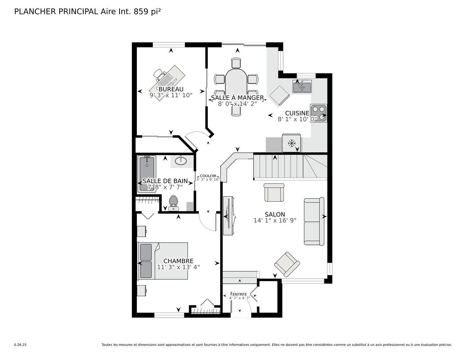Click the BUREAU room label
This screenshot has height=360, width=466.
[x=171, y=89]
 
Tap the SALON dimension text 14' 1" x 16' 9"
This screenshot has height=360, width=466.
[x=275, y=220]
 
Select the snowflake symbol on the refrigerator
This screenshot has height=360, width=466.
[x=291, y=143]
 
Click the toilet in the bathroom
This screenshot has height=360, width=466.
[x=173, y=203]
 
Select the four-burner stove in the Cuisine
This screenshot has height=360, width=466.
[x=318, y=113]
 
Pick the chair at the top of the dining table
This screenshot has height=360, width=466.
[x=236, y=63]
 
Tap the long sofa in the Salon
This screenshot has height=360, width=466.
[x=314, y=221]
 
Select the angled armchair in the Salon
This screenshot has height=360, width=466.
[x=287, y=264]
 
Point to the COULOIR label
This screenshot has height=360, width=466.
[x=208, y=176]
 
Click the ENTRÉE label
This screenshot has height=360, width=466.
[x=240, y=294]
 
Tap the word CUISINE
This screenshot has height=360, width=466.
[x=297, y=113]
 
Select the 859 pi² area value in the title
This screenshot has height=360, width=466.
[x=147, y=12]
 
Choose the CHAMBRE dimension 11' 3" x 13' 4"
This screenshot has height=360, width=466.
[x=178, y=267]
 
